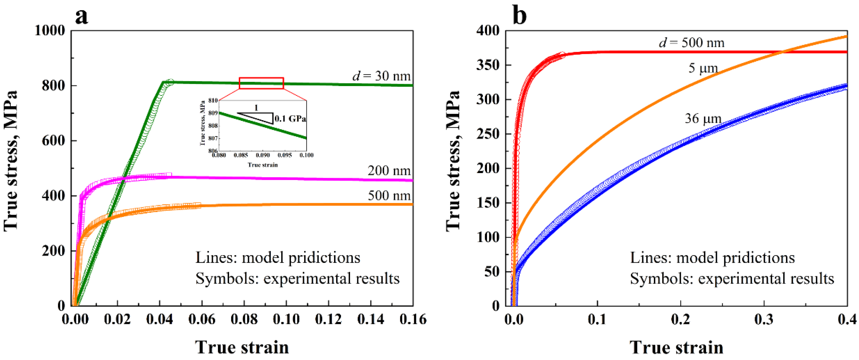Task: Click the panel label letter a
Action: pyautogui.click(x=82, y=16)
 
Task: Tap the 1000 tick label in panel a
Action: pyautogui.click(x=50, y=31)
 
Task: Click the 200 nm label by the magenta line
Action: pyautogui.click(x=389, y=171)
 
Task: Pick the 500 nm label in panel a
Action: pyautogui.click(x=389, y=195)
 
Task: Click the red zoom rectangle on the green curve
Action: pyautogui.click(x=261, y=83)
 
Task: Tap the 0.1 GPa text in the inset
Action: pyautogui.click(x=290, y=119)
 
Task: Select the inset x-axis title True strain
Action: pyautogui.click(x=262, y=165)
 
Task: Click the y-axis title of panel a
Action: pyautogui.click(x=11, y=160)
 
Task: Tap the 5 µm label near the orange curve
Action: pyautogui.click(x=703, y=68)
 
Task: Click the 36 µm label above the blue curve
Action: pyautogui.click(x=703, y=119)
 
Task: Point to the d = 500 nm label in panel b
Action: pyautogui.click(x=692, y=43)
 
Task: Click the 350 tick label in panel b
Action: pyautogui.click(x=488, y=65)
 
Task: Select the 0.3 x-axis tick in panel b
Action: pyautogui.click(x=764, y=319)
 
